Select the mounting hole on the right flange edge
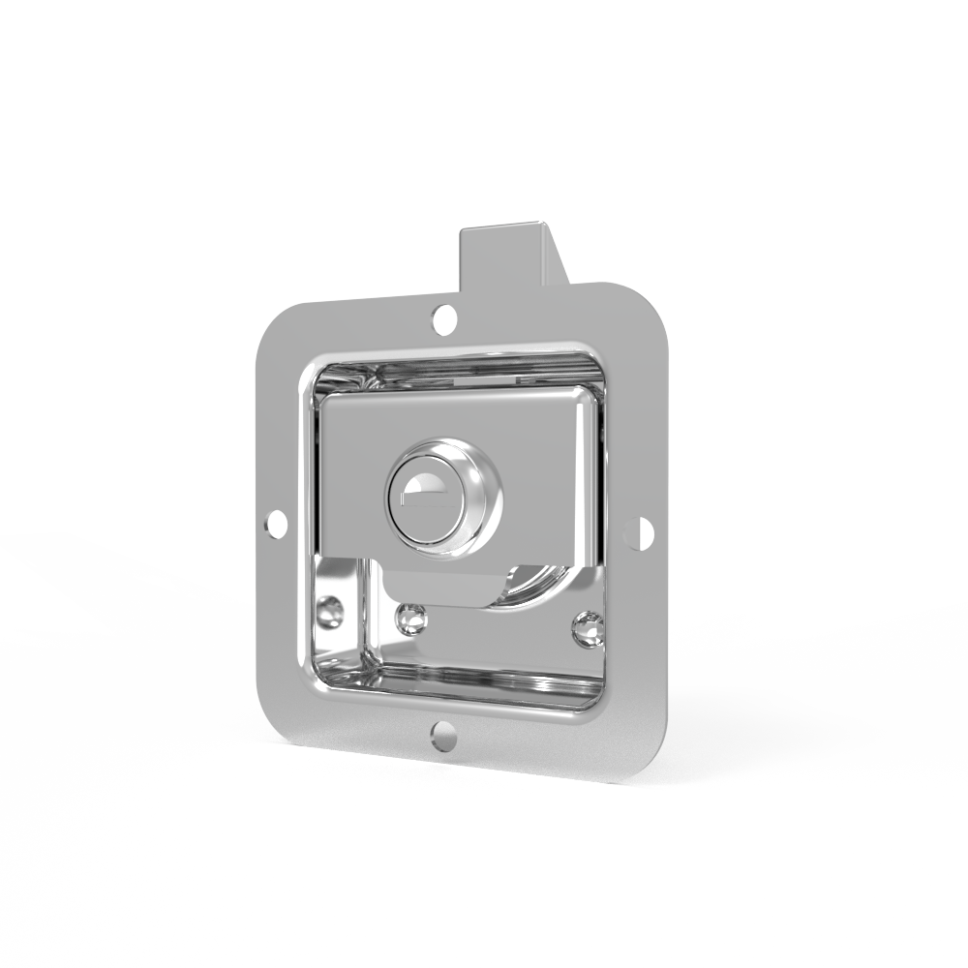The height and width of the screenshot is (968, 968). coord(636,531)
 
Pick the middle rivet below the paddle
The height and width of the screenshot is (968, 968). coord(411,617)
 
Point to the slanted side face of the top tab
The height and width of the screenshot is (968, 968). coord(559,254)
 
